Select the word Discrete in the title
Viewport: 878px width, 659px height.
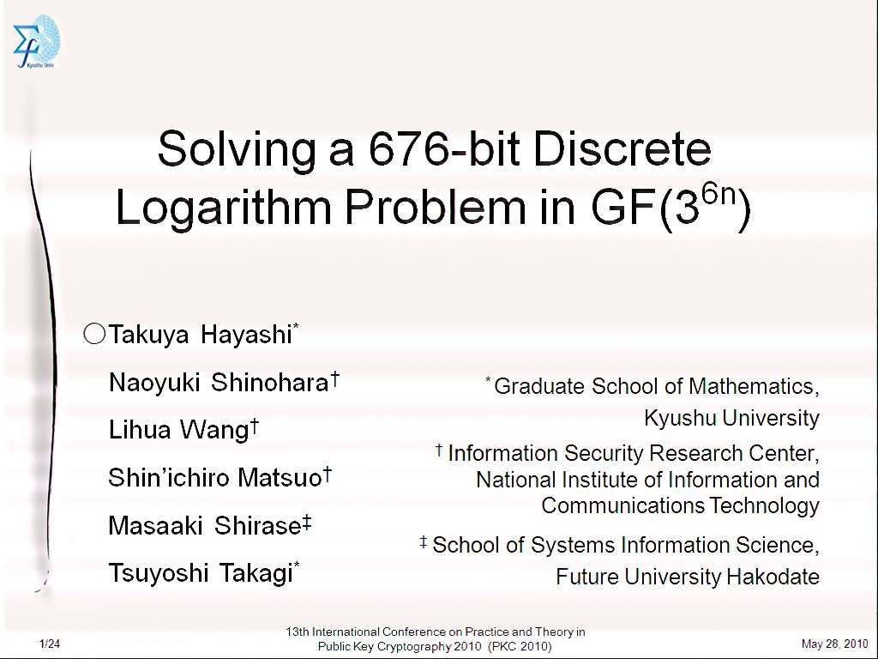pos(622,149)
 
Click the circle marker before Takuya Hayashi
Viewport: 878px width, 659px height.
pos(94,334)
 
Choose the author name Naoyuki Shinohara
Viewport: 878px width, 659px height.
pos(219,383)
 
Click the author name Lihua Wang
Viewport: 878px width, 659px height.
pos(178,430)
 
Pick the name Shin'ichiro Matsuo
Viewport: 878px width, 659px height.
pos(215,478)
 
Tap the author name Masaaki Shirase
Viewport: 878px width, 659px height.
pos(205,526)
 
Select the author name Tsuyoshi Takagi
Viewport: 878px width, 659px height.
pos(201,573)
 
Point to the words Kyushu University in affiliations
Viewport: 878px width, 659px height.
pos(732,418)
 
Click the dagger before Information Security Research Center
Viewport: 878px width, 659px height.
pos(439,450)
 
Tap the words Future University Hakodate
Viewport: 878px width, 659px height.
pos(688,577)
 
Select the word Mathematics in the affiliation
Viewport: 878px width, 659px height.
pos(754,386)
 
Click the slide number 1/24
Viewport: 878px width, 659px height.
pos(49,644)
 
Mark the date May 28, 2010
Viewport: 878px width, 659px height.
pos(835,644)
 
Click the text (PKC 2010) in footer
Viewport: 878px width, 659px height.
pos(520,647)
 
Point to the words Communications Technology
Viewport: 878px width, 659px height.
pos(680,505)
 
